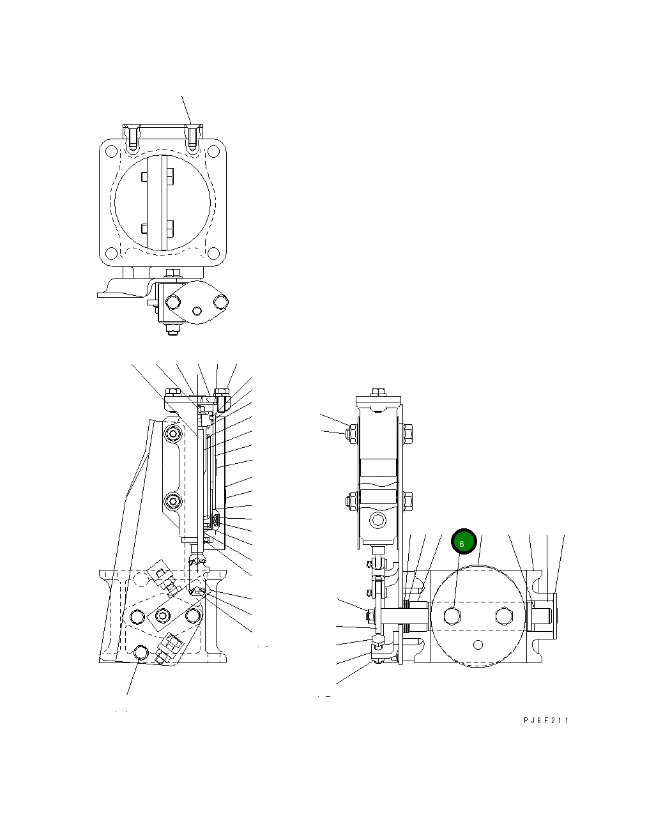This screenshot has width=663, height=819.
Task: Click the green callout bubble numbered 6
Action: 464,542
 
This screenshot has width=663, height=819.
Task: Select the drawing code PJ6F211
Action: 545,721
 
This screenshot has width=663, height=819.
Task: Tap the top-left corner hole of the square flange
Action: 111,152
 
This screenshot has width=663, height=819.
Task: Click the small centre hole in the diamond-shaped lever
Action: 197,311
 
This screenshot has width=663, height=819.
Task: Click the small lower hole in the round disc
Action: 477,644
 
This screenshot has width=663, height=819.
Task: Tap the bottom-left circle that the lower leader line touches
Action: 141,652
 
